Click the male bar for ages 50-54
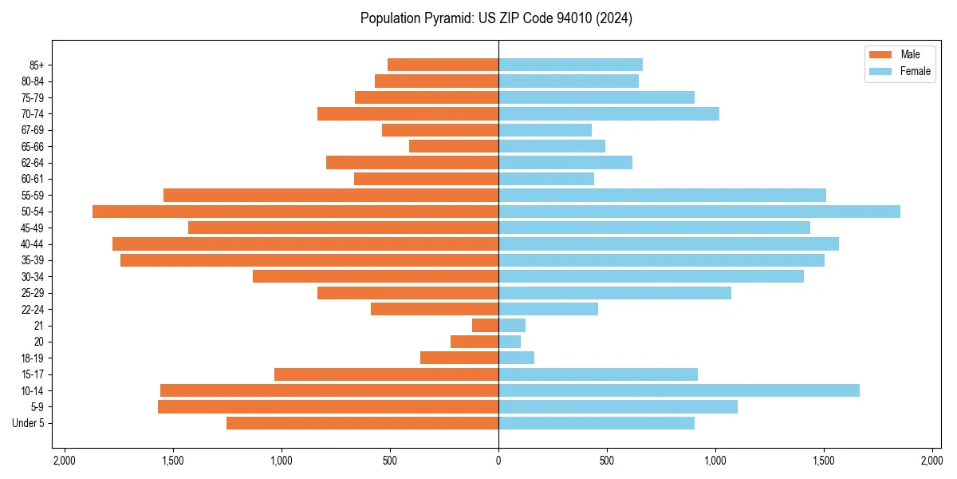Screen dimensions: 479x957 (x=295, y=212)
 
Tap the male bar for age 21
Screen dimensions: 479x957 (x=485, y=326)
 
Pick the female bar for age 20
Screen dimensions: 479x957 (x=510, y=342)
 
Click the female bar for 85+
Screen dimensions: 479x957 (x=570, y=65)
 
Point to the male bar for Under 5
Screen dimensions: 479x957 (x=362, y=423)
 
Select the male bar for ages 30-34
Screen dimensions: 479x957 (x=376, y=276)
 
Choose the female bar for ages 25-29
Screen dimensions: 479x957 (x=615, y=293)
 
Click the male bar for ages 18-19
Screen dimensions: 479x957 (x=459, y=358)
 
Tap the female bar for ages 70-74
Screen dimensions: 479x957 (x=608, y=114)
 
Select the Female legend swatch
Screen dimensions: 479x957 (x=880, y=72)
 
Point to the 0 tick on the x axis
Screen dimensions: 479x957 (x=498, y=461)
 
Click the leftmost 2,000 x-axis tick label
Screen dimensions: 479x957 (x=65, y=461)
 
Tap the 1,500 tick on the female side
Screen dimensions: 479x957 (x=824, y=461)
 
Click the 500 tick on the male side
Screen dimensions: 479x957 (x=390, y=461)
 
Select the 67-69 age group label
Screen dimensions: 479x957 (x=33, y=130)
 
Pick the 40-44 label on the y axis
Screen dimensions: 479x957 (x=33, y=244)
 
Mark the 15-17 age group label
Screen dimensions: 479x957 (x=33, y=374)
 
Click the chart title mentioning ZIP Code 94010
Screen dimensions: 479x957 (x=496, y=18)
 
